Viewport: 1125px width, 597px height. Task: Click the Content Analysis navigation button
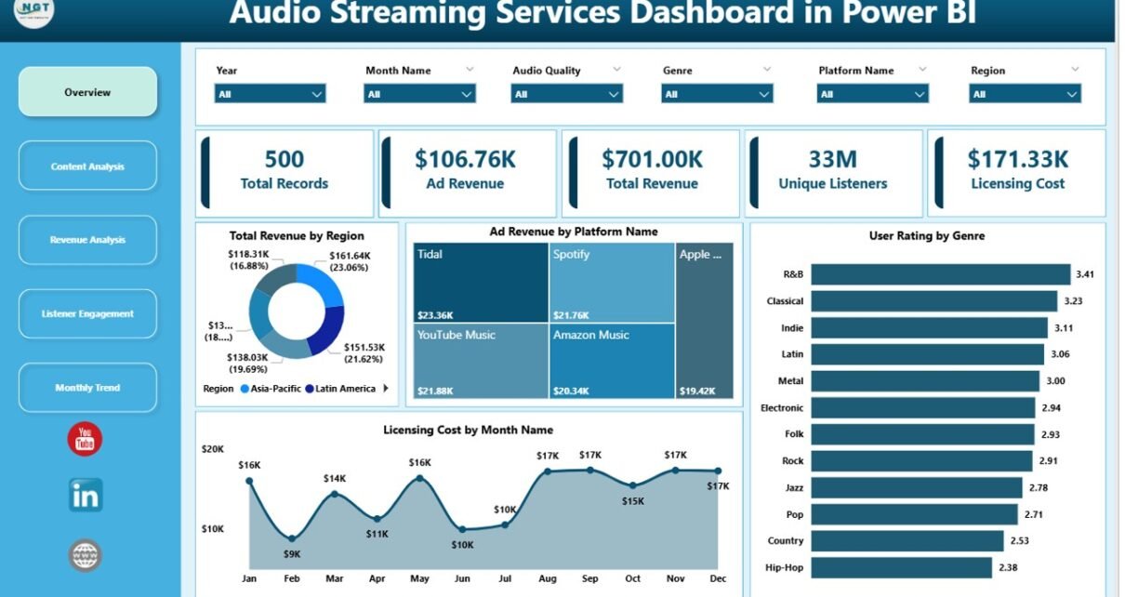click(x=87, y=166)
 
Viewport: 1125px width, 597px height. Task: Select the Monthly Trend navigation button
click(x=87, y=388)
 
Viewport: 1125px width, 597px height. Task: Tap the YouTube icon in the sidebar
click(x=85, y=439)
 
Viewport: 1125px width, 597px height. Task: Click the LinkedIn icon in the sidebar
click(x=86, y=496)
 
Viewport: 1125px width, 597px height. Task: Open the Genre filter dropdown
click(x=717, y=94)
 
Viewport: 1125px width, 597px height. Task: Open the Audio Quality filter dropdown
click(x=566, y=94)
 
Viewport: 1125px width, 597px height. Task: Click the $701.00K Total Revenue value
click(x=652, y=159)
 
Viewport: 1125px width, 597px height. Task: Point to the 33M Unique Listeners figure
click(x=833, y=159)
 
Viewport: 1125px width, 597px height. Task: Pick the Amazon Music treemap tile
click(x=612, y=361)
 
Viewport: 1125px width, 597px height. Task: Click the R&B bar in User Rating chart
click(x=940, y=274)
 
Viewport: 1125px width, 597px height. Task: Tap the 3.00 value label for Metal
click(x=1056, y=381)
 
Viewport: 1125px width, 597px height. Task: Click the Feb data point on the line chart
click(x=292, y=538)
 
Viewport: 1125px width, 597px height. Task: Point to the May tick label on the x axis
click(x=419, y=578)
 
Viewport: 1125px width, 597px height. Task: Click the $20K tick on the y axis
click(x=213, y=449)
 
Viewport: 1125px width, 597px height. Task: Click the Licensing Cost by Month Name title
click(x=468, y=430)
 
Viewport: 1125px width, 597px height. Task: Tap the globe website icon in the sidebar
click(x=86, y=555)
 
